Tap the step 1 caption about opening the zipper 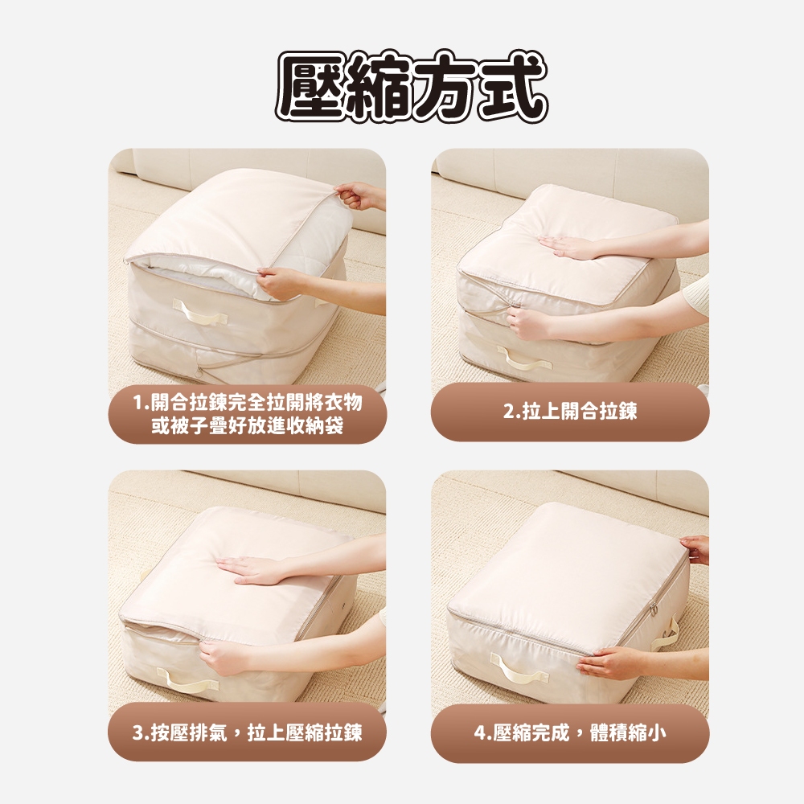pos(248,414)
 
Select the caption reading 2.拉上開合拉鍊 pos(570,411)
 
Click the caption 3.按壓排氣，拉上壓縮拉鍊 pos(247,732)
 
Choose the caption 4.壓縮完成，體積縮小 pos(570,732)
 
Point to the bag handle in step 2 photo pos(524,358)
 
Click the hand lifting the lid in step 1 pos(355,195)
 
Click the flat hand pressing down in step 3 pos(251,568)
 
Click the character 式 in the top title pos(513,87)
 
